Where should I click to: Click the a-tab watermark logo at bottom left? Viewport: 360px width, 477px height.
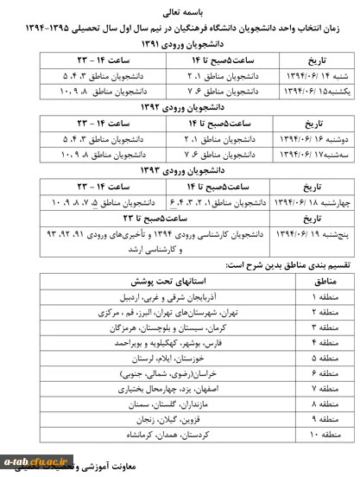coord(29,463)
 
